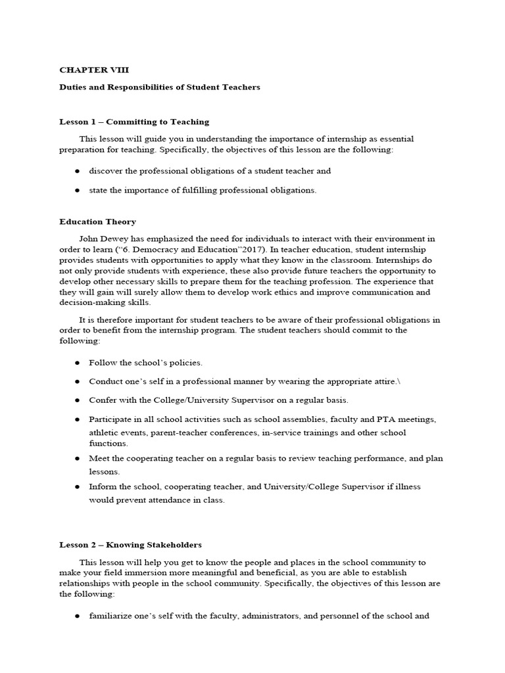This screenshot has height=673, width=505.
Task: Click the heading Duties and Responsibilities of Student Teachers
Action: coord(160,87)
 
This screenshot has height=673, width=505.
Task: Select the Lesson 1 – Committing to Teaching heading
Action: coord(134,122)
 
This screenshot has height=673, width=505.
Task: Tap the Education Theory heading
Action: coord(97,221)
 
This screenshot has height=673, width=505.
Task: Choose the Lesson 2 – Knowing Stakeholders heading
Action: coord(130,545)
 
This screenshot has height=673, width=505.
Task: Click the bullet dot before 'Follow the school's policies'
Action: coord(78,363)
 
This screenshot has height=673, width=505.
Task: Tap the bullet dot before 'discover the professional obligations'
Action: coord(78,171)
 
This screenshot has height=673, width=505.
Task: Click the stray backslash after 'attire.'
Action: coord(398,381)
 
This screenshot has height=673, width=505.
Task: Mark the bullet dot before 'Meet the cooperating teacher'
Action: coord(78,458)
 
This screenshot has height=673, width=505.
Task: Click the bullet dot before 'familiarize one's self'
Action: coord(78,616)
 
